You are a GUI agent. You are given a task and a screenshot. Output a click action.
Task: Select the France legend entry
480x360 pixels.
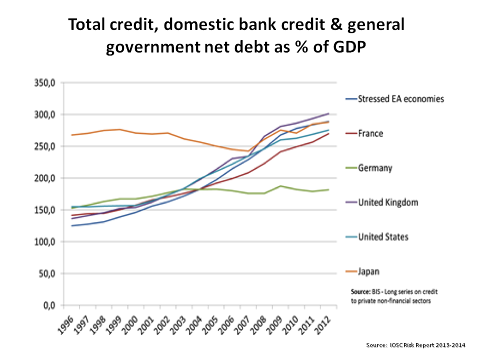pyautogui.click(x=370, y=133)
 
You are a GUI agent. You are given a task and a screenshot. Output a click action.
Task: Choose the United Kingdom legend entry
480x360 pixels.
pyautogui.click(x=388, y=202)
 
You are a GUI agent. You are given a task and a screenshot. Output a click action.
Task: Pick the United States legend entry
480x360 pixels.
pyautogui.click(x=383, y=236)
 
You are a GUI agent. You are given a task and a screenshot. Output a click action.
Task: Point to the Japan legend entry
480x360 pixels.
pyautogui.click(x=368, y=271)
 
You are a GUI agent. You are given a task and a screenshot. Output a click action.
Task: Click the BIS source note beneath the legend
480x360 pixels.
pyautogui.click(x=390, y=295)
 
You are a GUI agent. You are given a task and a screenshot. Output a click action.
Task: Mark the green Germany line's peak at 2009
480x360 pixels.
pyautogui.click(x=280, y=186)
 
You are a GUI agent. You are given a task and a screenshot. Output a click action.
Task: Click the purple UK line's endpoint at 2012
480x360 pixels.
pyautogui.click(x=328, y=113)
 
